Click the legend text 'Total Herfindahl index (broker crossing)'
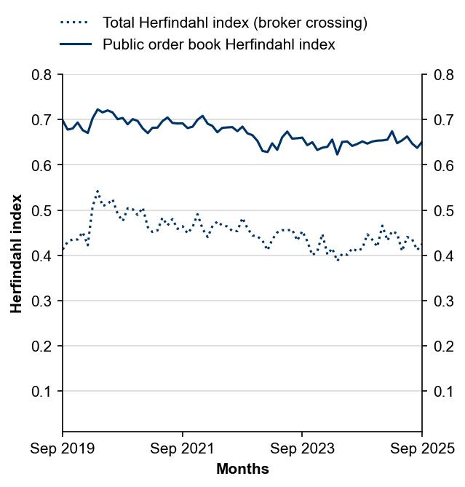tap(234, 23)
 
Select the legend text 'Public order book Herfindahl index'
tap(218, 44)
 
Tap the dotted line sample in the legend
tap(76, 23)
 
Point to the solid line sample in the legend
tap(76, 44)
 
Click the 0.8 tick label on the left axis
tap(41, 75)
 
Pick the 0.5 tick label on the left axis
tap(41, 210)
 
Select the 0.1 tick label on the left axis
tap(41, 392)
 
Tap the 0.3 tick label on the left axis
tap(41, 301)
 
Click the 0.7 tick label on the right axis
tap(442, 120)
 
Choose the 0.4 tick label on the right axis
tap(442, 256)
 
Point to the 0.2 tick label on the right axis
tap(442, 347)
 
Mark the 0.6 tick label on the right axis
tap(442, 165)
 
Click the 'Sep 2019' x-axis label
tap(63, 448)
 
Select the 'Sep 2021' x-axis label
tap(182, 448)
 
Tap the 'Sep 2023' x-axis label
tap(302, 448)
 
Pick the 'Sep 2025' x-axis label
tap(421, 448)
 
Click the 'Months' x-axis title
tap(242, 470)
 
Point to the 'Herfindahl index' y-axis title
tap(17, 253)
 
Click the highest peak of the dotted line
tap(98, 191)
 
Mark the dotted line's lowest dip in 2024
tap(338, 260)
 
